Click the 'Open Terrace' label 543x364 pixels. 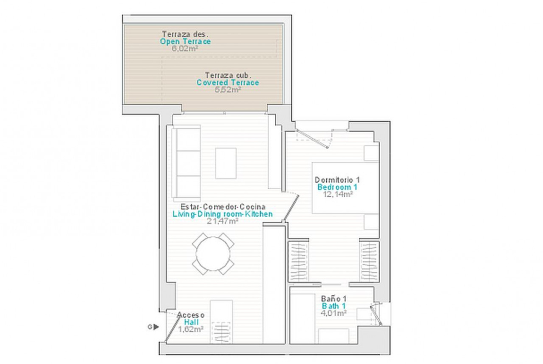click(185, 42)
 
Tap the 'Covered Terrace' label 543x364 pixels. click(228, 83)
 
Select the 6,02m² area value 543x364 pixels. click(185, 49)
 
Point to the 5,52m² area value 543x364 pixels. click(228, 90)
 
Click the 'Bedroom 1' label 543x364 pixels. click(337, 187)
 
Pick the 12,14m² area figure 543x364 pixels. click(338, 194)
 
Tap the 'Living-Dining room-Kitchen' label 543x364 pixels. click(223, 214)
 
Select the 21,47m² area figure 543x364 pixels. click(222, 221)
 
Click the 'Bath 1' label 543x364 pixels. click(334, 306)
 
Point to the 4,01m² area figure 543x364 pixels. click(334, 313)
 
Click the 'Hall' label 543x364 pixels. click(192, 322)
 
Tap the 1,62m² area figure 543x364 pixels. click(191, 329)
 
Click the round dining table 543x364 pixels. click(213, 254)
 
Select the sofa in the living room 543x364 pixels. click(186, 163)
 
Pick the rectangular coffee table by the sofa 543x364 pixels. click(226, 163)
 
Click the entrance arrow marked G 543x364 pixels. click(156, 326)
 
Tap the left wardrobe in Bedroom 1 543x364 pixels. click(298, 261)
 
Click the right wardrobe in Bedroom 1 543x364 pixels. click(369, 261)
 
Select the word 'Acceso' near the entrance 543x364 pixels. click(191, 315)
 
